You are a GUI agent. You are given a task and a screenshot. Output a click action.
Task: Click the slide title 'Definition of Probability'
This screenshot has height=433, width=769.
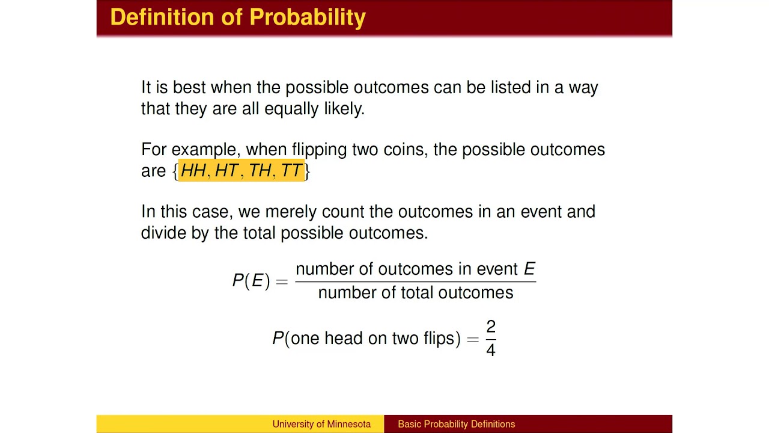pos(238,17)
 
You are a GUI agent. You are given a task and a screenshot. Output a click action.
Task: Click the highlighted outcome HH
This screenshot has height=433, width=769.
pos(193,171)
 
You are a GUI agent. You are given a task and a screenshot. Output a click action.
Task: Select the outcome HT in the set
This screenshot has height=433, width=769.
pos(226,171)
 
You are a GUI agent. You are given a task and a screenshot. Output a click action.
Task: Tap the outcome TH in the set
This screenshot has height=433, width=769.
pos(260,171)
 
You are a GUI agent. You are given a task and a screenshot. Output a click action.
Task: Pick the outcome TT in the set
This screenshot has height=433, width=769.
pos(291,171)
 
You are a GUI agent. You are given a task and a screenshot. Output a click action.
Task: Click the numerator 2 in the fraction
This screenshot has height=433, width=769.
pos(491,327)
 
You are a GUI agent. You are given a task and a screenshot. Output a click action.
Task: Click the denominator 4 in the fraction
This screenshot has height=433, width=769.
pos(491,349)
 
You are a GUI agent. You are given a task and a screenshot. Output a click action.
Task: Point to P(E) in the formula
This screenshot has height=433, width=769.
pos(251,281)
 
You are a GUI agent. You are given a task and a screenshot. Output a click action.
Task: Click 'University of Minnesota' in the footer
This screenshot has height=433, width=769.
pos(321,424)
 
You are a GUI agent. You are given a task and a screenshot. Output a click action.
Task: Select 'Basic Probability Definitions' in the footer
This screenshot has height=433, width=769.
pos(456,424)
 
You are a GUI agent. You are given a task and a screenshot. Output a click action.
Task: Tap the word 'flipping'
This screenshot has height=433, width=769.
pos(319,150)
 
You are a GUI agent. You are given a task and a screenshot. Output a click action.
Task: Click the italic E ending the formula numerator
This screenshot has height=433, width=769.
pos(529,269)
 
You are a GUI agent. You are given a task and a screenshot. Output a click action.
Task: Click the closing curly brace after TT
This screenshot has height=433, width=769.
pos(307,171)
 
